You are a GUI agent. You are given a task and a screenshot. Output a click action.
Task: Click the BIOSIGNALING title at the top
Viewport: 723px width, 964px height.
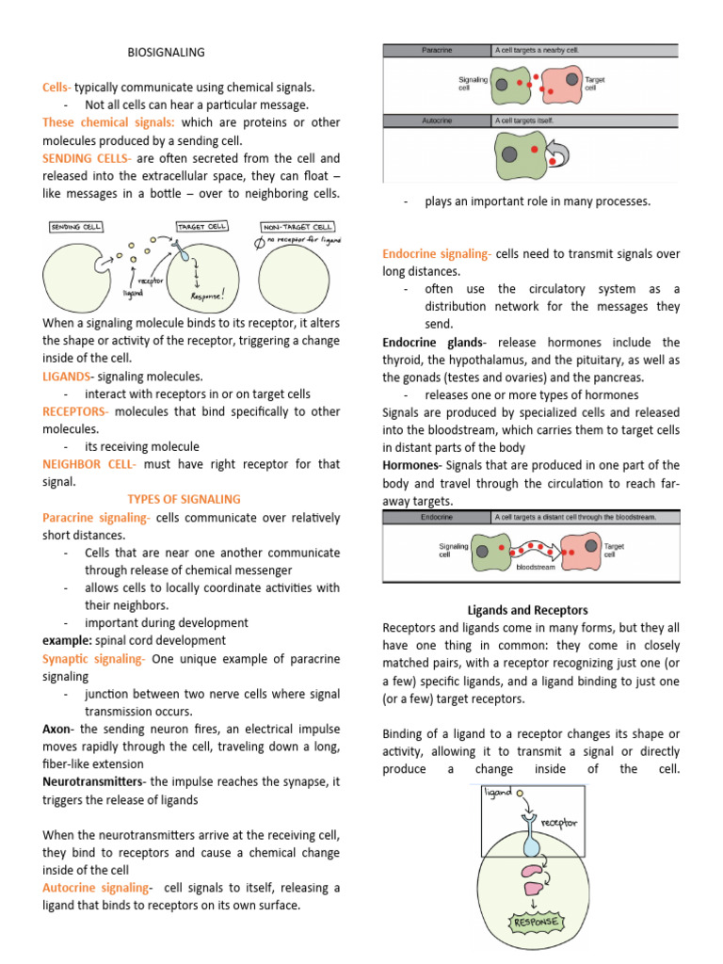(166, 52)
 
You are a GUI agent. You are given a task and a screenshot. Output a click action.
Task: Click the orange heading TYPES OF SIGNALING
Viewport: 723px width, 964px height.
(184, 499)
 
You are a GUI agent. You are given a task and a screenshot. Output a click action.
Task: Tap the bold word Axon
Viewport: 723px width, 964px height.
(58, 730)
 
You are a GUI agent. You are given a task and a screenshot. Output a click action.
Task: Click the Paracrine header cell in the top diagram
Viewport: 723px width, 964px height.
(437, 51)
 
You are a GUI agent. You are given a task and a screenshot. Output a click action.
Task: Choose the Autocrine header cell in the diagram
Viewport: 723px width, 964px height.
(437, 120)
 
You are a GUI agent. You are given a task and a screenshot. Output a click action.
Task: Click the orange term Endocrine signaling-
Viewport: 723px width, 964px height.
(437, 253)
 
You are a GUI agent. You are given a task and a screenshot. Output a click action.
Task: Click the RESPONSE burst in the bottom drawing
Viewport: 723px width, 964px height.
(535, 922)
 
